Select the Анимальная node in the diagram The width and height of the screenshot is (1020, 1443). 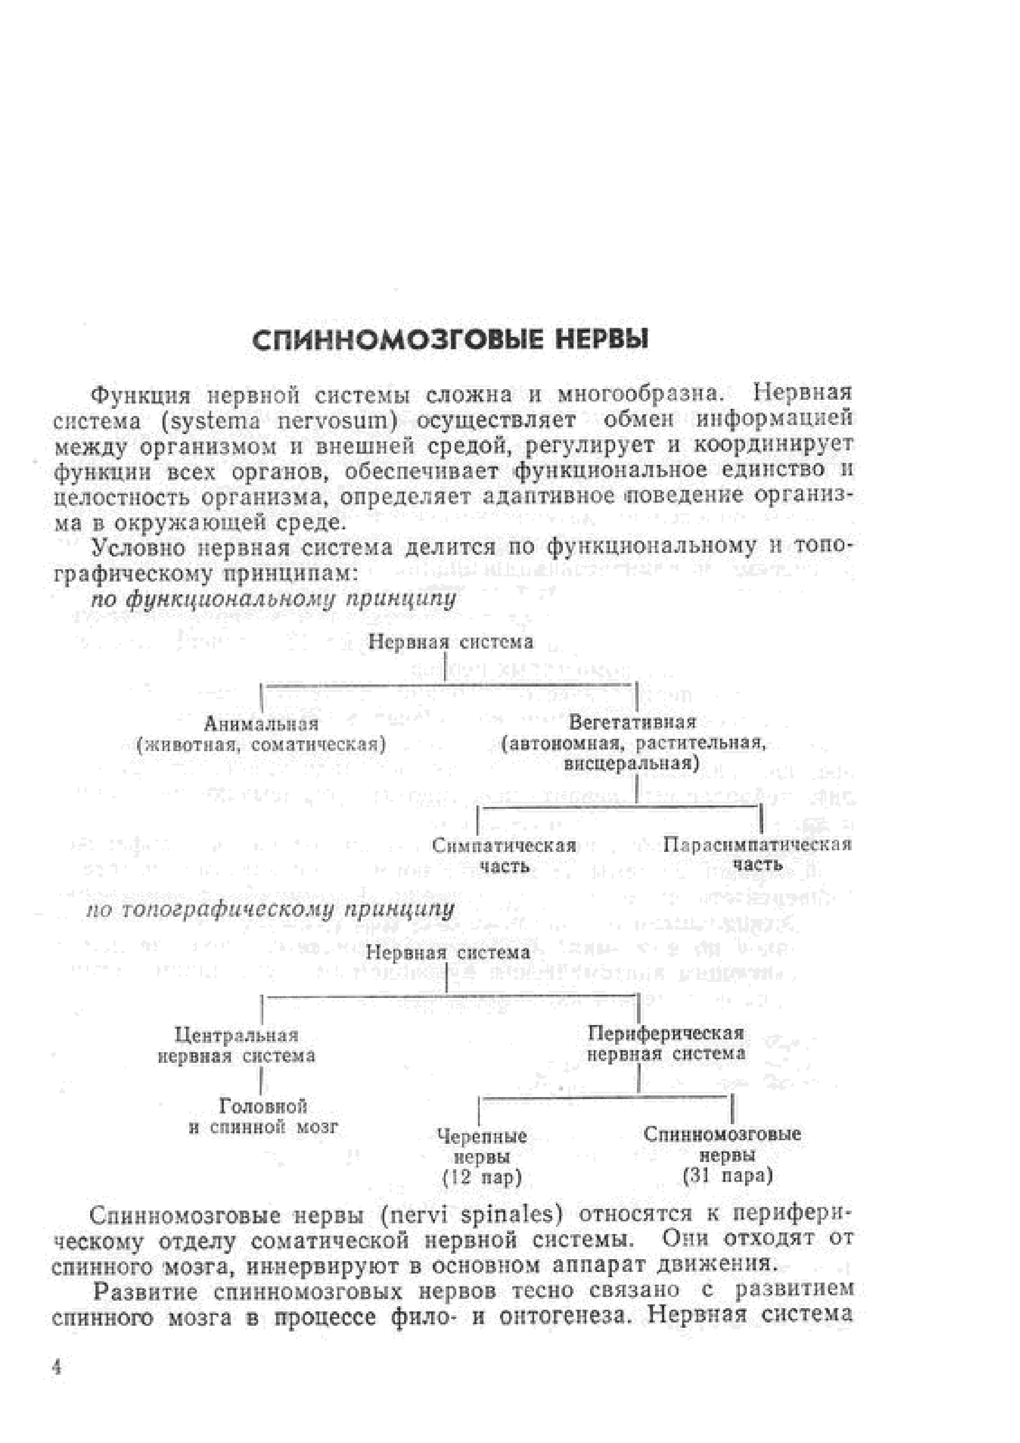pos(261,724)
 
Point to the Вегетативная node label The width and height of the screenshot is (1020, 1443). pos(633,722)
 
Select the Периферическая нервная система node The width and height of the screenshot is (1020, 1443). pos(666,1043)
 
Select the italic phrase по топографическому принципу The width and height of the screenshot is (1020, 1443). pos(270,909)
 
